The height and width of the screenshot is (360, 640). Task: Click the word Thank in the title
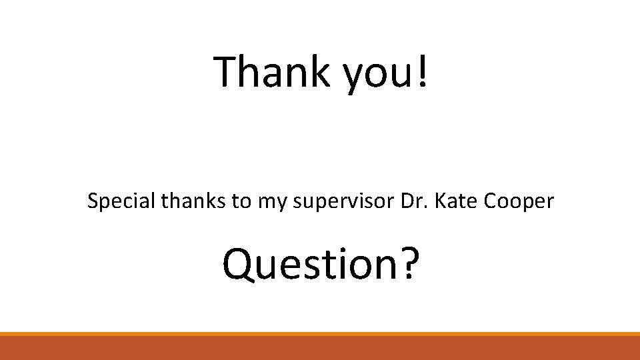[272, 71]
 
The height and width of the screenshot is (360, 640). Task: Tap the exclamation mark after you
[421, 71]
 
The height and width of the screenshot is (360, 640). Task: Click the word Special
[122, 201]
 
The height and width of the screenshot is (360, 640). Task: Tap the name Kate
[457, 201]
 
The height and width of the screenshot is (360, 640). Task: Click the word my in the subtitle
[269, 203]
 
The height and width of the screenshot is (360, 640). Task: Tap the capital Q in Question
[238, 264]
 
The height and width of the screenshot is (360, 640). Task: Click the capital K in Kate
[440, 200]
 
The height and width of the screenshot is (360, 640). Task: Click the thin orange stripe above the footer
[320, 334]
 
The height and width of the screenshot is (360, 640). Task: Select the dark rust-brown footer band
[320, 348]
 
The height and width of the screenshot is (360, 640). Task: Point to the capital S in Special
[92, 201]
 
